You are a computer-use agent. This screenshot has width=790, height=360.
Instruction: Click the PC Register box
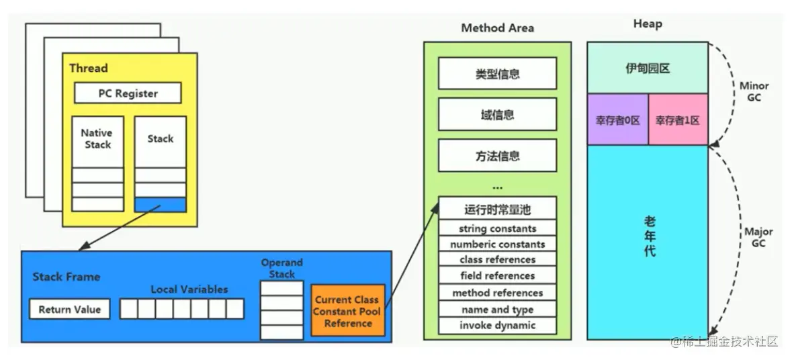click(x=128, y=93)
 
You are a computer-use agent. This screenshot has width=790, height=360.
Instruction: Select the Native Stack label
click(x=97, y=138)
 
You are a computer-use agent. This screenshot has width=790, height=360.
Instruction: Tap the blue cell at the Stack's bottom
click(x=160, y=204)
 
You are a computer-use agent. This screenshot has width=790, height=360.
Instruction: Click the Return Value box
click(x=69, y=309)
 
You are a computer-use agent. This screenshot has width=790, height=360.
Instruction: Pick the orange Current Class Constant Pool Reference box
click(x=347, y=312)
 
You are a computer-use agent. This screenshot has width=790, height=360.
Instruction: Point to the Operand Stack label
click(x=282, y=268)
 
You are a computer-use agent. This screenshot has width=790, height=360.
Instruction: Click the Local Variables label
click(x=189, y=289)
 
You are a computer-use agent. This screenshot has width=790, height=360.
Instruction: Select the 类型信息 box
click(x=497, y=74)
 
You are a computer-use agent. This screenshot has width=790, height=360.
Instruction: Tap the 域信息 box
click(x=497, y=115)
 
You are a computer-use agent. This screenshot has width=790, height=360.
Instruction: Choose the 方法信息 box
click(x=497, y=156)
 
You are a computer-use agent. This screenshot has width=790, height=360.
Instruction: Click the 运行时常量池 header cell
click(x=497, y=208)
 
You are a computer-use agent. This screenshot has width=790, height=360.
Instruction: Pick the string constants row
click(x=497, y=228)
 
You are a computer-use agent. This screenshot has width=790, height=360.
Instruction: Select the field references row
click(x=497, y=275)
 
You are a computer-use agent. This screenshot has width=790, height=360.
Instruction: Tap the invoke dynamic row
click(x=497, y=325)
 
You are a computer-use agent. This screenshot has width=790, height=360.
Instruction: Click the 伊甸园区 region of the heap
click(x=648, y=68)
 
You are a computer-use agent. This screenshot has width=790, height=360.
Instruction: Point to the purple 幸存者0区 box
click(x=617, y=120)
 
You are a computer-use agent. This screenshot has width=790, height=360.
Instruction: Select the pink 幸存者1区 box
click(x=677, y=120)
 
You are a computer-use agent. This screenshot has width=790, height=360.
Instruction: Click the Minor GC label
click(x=754, y=91)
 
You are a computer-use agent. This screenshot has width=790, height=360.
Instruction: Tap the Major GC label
click(x=758, y=237)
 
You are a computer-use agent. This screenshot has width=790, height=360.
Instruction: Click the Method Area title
click(x=497, y=28)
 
